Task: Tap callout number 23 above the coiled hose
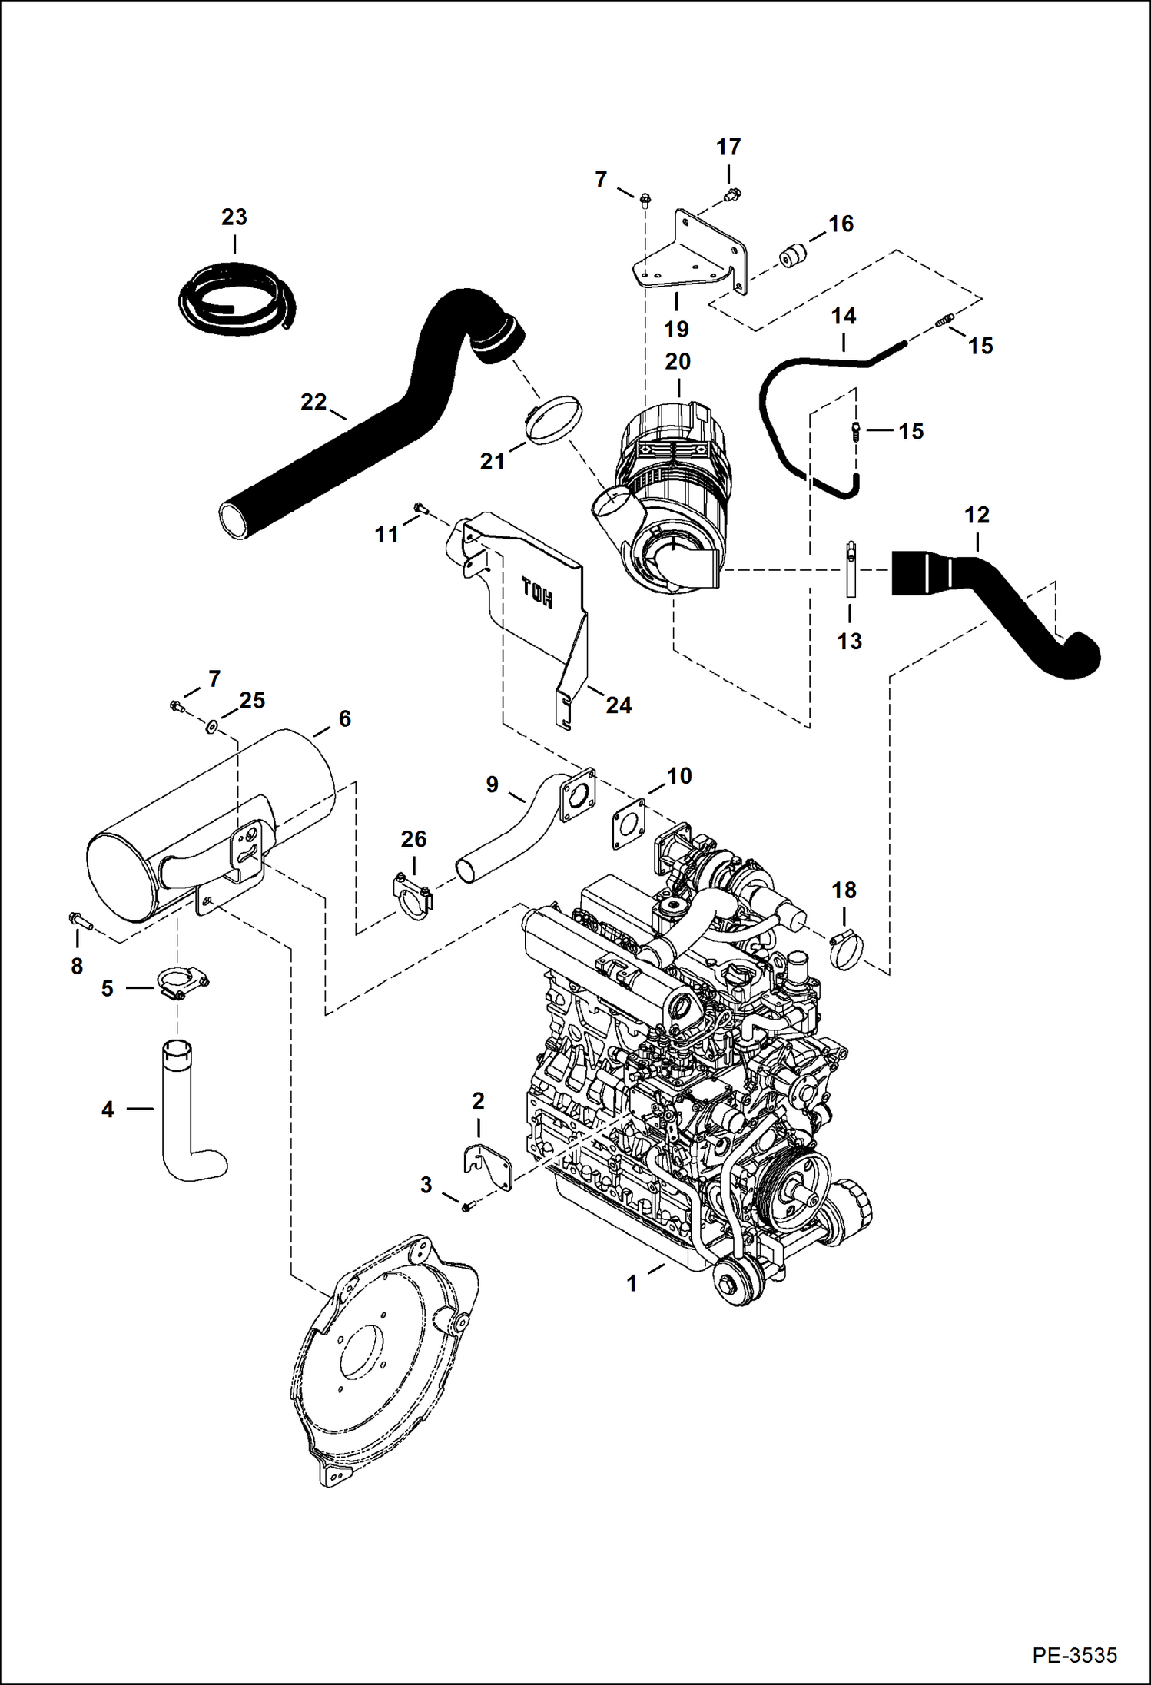tap(234, 217)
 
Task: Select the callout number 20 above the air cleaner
tap(677, 361)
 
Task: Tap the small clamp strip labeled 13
tap(851, 569)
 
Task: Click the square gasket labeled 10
tap(629, 824)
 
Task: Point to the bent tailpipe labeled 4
tap(188, 1114)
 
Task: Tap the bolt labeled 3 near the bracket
tap(466, 1208)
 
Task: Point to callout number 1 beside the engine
tap(631, 1283)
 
